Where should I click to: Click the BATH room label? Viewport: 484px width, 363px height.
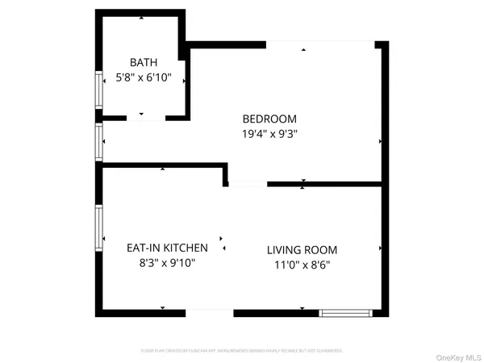(144, 63)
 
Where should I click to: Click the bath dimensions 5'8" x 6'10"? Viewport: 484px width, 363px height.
(144, 78)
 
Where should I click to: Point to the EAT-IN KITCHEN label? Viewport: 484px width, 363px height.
(167, 248)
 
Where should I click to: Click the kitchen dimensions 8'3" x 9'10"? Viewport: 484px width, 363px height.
(167, 263)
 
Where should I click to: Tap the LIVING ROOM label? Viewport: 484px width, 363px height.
(302, 250)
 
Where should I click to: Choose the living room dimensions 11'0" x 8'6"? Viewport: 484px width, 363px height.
(302, 265)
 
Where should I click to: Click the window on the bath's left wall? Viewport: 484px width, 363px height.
(99, 90)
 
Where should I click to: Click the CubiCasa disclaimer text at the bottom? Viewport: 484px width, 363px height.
(242, 351)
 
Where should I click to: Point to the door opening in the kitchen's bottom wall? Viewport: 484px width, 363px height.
(210, 312)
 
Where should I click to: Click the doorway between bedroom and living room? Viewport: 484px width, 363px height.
(247, 185)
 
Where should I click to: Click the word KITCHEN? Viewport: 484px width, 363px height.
(188, 248)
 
